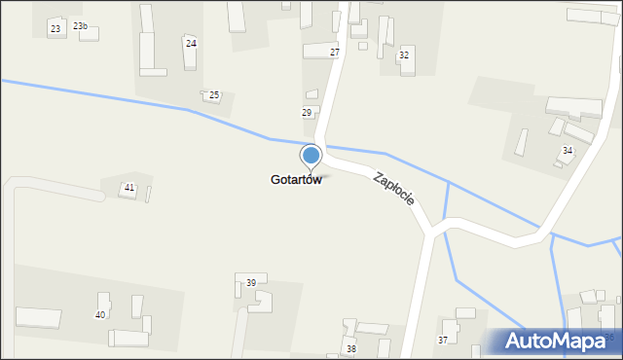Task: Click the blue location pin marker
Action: pyautogui.click(x=311, y=156)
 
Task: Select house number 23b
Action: pyautogui.click(x=80, y=26)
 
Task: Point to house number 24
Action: pyautogui.click(x=191, y=44)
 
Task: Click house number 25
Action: pyautogui.click(x=214, y=95)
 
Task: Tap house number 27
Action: pyautogui.click(x=335, y=52)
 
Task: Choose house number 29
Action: pyautogui.click(x=307, y=114)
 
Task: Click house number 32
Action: pyautogui.click(x=403, y=55)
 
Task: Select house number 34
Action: pyautogui.click(x=567, y=151)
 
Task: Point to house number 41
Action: pyautogui.click(x=129, y=187)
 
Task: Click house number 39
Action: pyautogui.click(x=250, y=282)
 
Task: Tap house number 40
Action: pyautogui.click(x=99, y=314)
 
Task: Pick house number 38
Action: pyautogui.click(x=351, y=348)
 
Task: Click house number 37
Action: pyautogui.click(x=443, y=340)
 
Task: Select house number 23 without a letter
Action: pyautogui.click(x=55, y=29)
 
